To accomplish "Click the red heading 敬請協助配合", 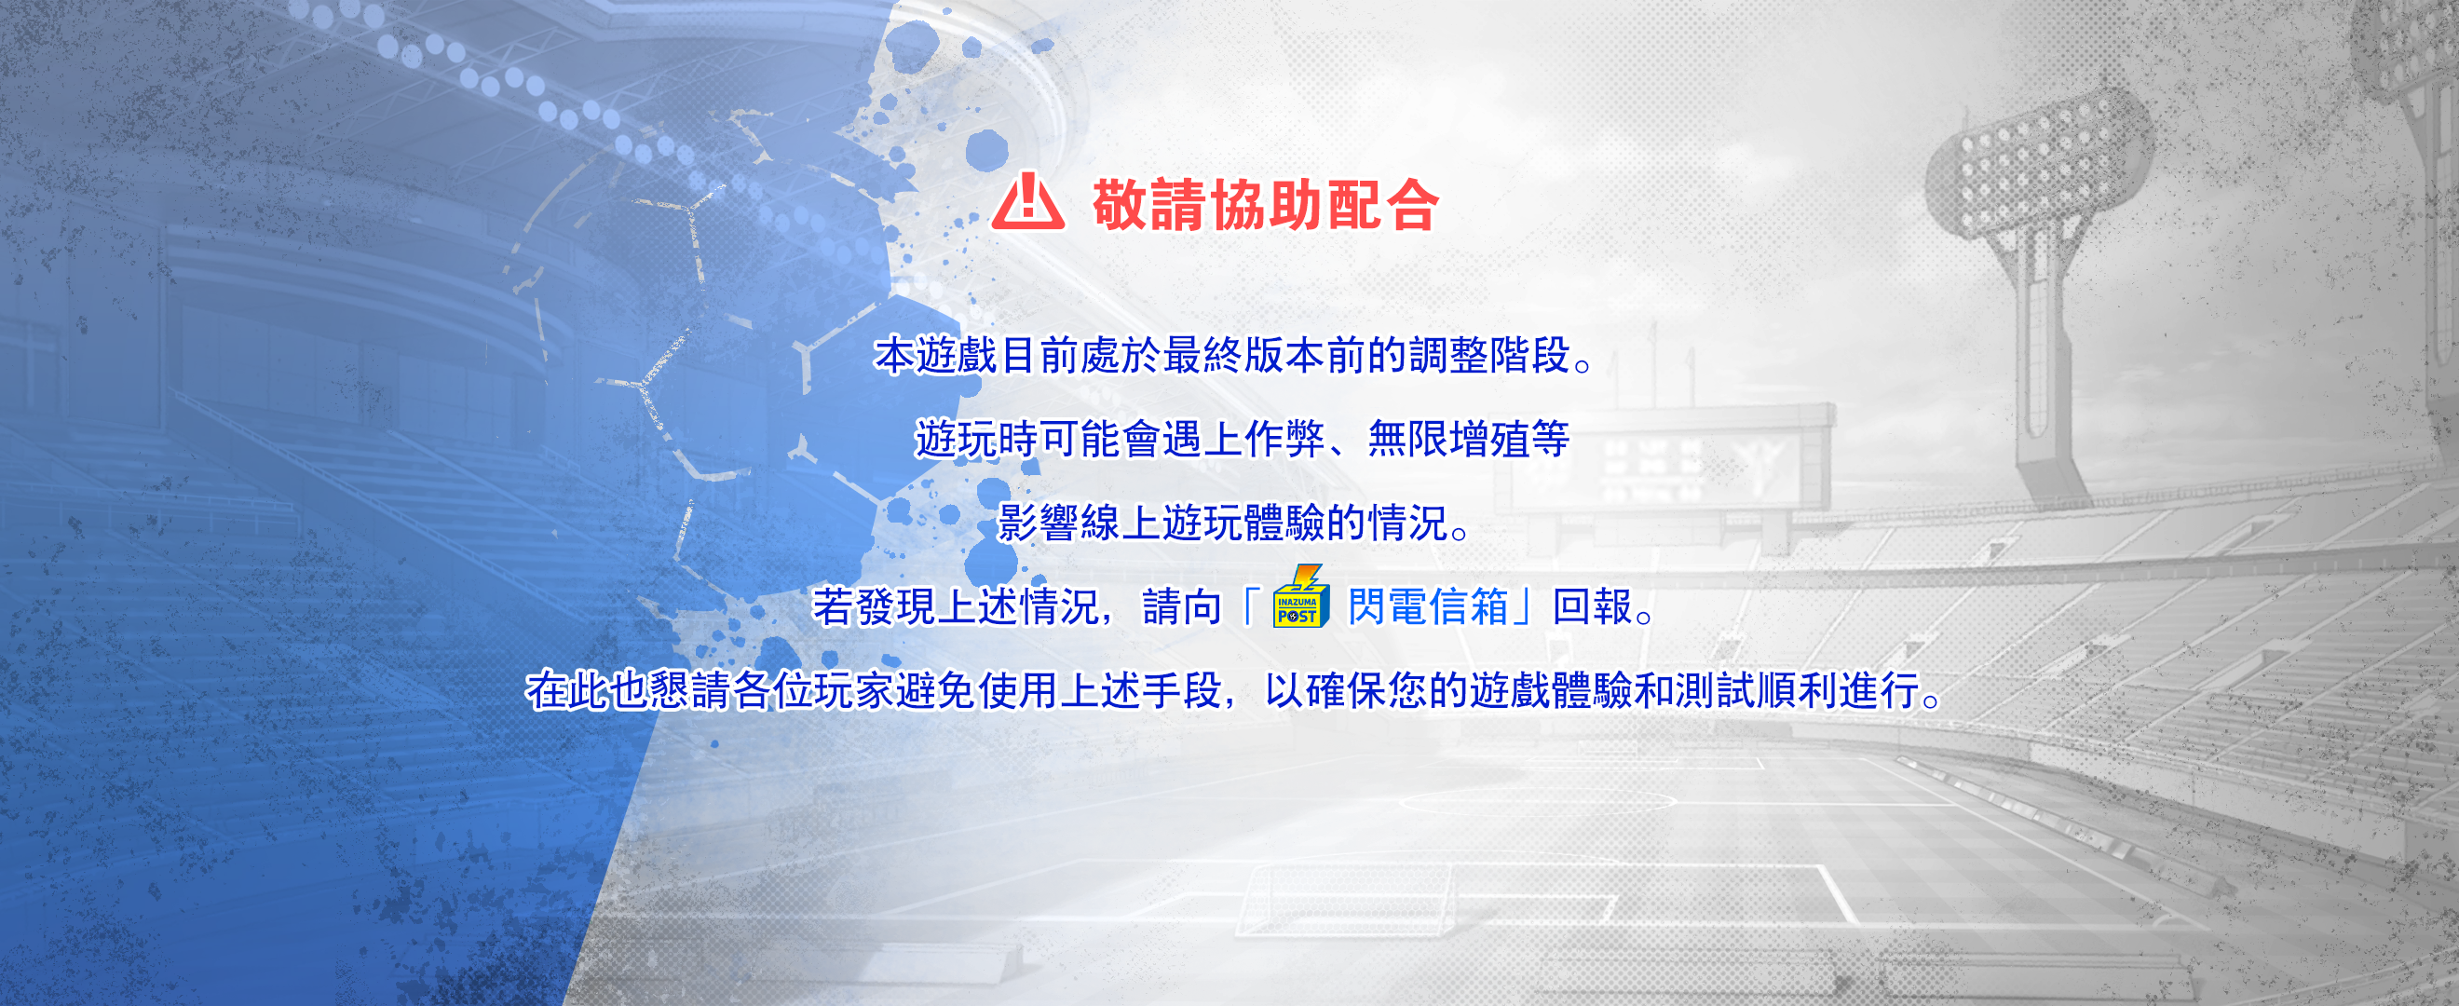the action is click(1266, 205).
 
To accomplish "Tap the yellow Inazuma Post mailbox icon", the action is click(1301, 598).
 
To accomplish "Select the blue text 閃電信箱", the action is click(1428, 607).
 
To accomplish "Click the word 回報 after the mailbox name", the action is click(1592, 607).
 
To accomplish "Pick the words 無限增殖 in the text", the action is click(1449, 440).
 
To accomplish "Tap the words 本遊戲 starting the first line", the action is click(936, 356).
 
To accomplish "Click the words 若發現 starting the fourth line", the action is click(874, 607).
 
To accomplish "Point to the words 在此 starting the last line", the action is click(567, 691).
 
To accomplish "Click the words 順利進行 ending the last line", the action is click(1839, 691).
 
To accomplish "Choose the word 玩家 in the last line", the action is click(853, 691).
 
